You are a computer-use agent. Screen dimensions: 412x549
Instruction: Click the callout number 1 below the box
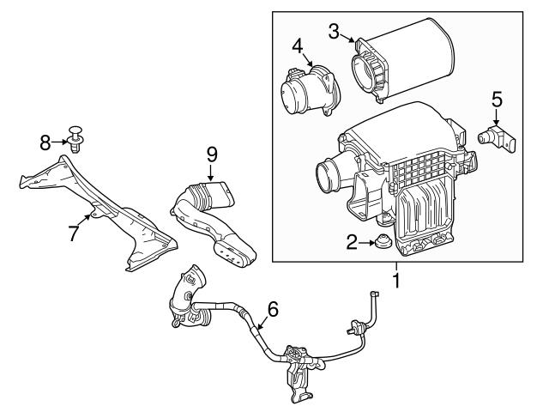point(396,279)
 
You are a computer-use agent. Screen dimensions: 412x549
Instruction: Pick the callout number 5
point(497,101)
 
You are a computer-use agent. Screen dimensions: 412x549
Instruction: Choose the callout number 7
point(75,231)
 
